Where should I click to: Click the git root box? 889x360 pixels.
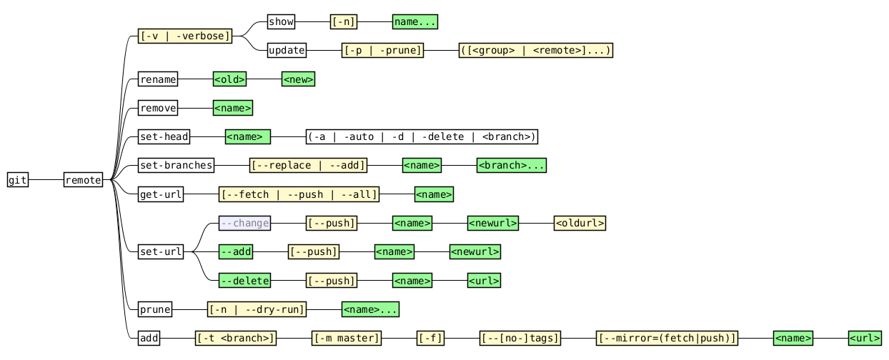18,180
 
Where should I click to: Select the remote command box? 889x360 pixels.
83,180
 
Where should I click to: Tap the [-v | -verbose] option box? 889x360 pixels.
185,36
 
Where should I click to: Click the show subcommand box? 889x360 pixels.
281,22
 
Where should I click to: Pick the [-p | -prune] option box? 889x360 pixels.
383,51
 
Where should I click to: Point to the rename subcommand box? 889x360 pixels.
158,79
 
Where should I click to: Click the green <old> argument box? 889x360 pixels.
229,79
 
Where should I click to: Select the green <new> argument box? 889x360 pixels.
298,79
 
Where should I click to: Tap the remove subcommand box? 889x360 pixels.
158,109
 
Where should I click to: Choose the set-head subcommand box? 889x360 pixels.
164,137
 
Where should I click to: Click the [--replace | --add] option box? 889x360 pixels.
308,166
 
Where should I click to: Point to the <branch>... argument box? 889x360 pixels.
512,166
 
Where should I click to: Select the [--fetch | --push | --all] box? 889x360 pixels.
299,194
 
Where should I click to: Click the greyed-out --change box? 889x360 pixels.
244,224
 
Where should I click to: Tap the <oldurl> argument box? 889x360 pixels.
580,224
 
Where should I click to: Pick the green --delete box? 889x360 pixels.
244,281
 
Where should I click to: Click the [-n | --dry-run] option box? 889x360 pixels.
257,309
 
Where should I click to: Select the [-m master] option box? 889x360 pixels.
347,338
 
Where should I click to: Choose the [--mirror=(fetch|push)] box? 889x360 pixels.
667,338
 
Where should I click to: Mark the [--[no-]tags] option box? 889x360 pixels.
520,338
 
